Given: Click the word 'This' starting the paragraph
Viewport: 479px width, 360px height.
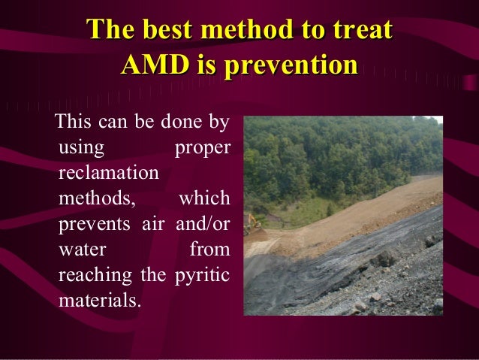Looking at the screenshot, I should [x=71, y=121].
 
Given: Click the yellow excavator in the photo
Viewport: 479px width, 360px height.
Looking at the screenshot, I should [x=255, y=222].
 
